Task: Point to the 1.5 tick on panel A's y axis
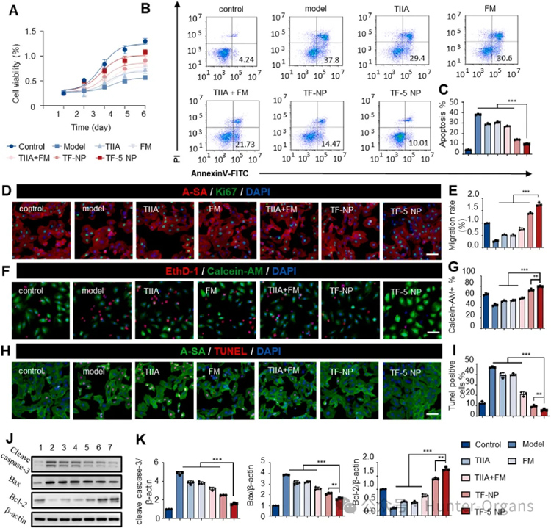pos(33,30)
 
